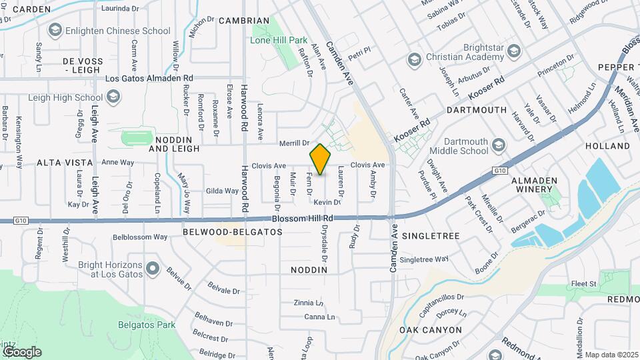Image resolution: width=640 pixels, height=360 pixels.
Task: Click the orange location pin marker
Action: (x=320, y=159)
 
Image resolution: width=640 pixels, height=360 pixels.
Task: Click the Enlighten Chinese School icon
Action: (x=55, y=31)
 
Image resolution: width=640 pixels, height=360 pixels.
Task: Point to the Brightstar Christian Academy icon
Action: (x=513, y=51)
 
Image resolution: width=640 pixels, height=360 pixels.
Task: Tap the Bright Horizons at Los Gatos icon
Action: (x=153, y=269)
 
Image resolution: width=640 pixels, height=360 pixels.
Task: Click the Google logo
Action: (x=21, y=351)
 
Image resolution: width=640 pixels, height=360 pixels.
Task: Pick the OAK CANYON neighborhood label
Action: (x=431, y=330)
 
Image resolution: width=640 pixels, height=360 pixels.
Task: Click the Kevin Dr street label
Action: (x=323, y=202)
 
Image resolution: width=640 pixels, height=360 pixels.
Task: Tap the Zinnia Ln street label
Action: (x=309, y=303)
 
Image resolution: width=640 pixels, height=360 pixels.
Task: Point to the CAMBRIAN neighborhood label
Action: (x=244, y=21)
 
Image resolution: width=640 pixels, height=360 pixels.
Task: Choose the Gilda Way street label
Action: (x=222, y=191)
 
